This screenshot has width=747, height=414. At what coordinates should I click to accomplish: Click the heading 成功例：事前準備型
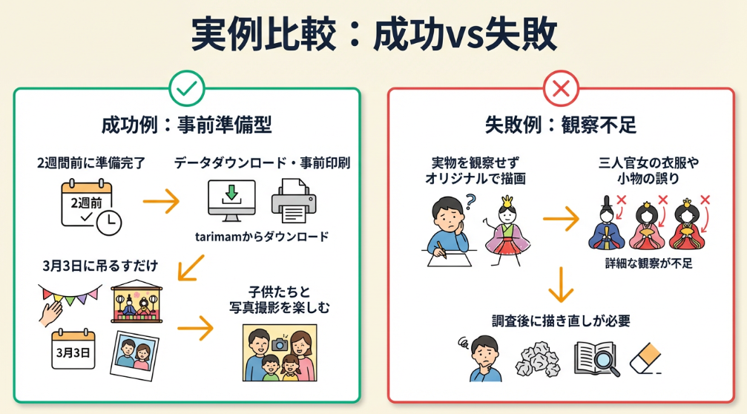186,125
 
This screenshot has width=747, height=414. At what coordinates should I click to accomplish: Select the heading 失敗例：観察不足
560,125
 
